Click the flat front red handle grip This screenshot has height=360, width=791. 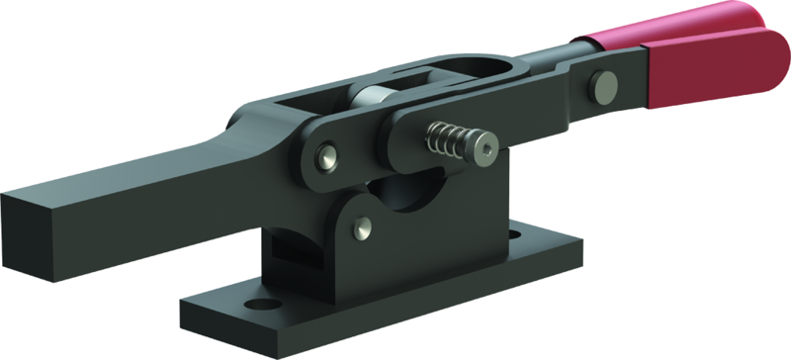712,74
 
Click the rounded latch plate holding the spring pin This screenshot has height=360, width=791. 415,138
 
